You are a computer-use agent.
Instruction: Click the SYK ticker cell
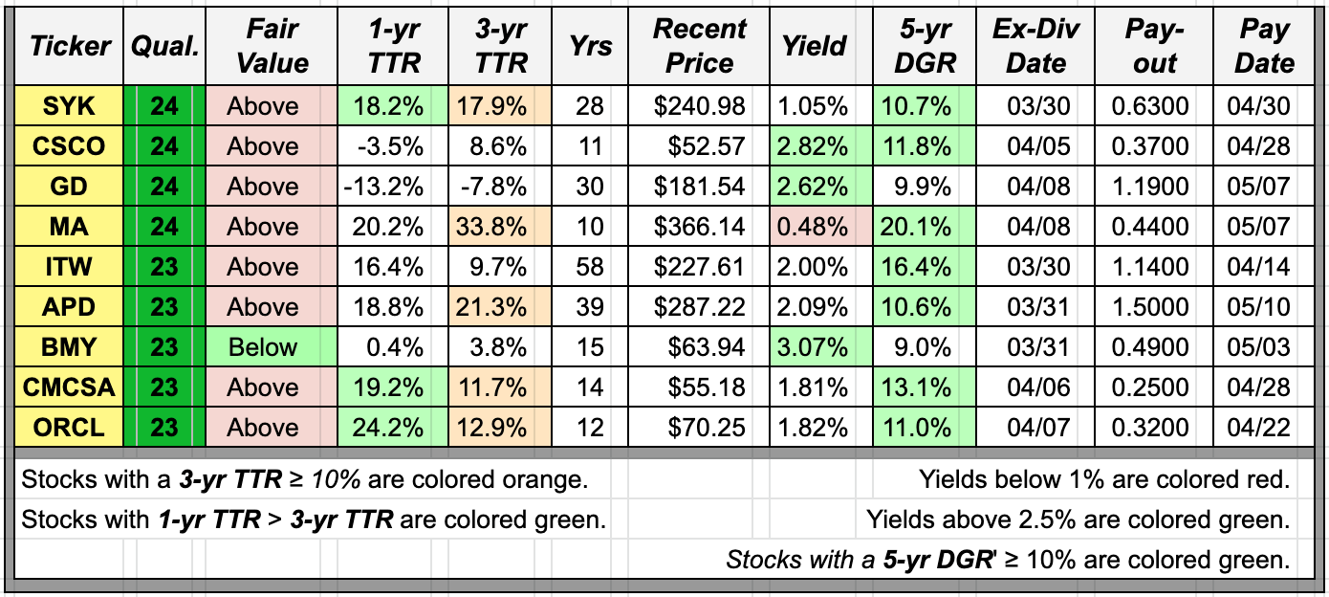point(70,106)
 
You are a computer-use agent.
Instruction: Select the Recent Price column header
point(700,46)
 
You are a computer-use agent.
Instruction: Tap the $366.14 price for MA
point(700,227)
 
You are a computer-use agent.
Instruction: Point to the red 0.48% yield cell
point(814,227)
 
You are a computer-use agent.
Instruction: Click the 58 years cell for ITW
point(590,267)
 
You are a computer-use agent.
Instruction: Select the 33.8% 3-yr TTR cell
point(502,227)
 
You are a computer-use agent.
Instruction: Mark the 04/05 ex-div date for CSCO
point(1035,146)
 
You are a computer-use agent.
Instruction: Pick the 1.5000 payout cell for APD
point(1154,307)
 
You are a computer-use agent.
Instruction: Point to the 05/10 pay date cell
point(1264,307)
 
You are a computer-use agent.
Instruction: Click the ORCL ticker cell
point(70,428)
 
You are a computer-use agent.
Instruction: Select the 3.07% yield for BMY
point(814,347)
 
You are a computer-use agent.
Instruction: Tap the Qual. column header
point(163,46)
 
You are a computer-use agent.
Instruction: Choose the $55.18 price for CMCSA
point(700,387)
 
